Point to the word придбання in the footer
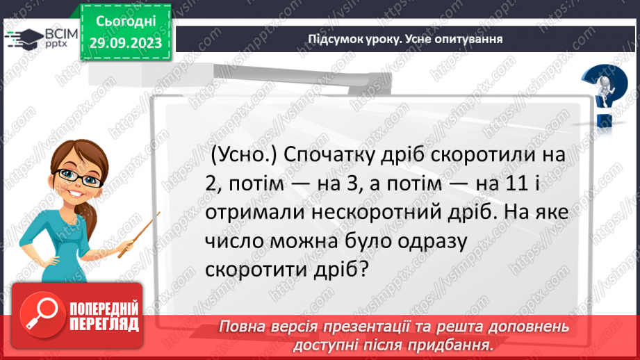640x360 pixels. click(x=457, y=345)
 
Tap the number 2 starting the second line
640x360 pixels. click(x=211, y=184)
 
